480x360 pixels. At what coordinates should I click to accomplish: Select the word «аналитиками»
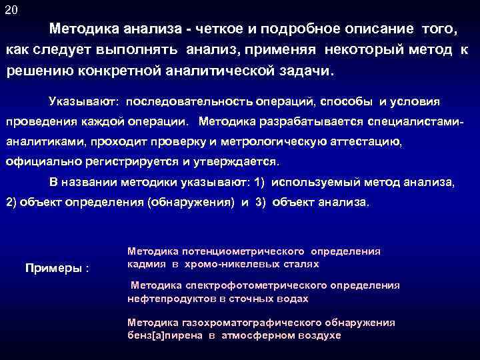coord(46,142)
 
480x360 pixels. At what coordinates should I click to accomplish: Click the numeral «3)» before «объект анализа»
coord(261,202)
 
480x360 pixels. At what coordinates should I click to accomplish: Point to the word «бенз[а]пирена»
coord(163,335)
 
